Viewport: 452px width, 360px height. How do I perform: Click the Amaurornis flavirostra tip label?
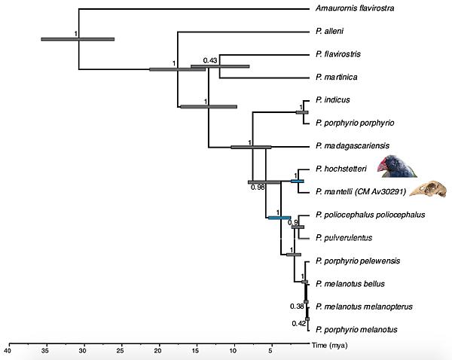pyautogui.click(x=358, y=9)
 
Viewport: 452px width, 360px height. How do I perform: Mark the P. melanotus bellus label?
pyautogui.click(x=351, y=283)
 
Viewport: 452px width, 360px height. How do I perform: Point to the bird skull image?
pyautogui.click(x=426, y=189)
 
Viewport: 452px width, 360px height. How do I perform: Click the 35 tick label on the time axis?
pyautogui.click(x=45, y=350)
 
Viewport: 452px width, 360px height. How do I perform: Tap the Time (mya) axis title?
pyautogui.click(x=330, y=343)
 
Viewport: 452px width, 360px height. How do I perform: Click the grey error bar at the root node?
pyautogui.click(x=78, y=39)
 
